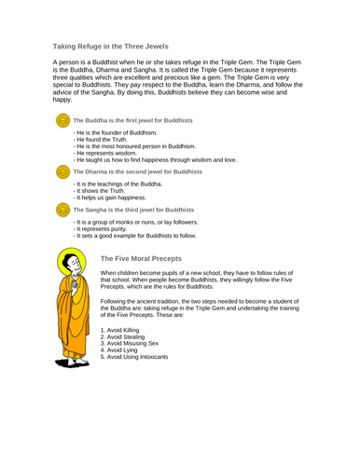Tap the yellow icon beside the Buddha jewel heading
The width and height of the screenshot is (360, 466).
[63, 121]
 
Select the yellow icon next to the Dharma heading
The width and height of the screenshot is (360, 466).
[63, 172]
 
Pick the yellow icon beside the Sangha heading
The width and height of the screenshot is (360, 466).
[63, 211]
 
